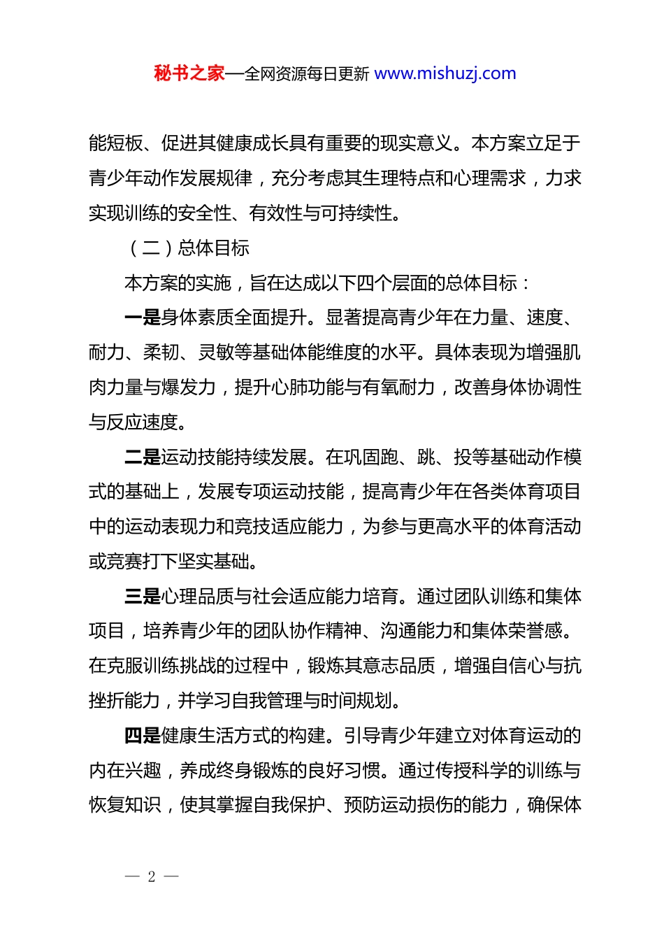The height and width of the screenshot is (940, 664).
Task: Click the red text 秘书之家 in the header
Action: [189, 73]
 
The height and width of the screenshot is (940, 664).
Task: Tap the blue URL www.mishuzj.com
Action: [445, 73]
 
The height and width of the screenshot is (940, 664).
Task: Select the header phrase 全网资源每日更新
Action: [307, 74]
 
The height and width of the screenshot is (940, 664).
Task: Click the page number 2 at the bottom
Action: [152, 876]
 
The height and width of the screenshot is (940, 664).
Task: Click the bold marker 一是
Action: [143, 318]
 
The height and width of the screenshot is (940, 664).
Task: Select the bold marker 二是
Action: [143, 457]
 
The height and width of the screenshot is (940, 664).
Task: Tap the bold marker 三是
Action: [143, 596]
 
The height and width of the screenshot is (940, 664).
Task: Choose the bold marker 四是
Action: [143, 735]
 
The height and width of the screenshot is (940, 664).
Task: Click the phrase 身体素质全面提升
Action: [233, 318]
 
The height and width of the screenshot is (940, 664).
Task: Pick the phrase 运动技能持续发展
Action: [233, 457]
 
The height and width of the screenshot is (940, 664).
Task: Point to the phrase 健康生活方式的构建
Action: [243, 735]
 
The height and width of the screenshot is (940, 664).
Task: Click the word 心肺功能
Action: [307, 387]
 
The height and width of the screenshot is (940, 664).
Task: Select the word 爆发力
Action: [188, 387]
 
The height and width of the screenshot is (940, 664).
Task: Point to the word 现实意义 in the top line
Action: [417, 143]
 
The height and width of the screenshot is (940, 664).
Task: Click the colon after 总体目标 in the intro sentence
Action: [526, 283]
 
